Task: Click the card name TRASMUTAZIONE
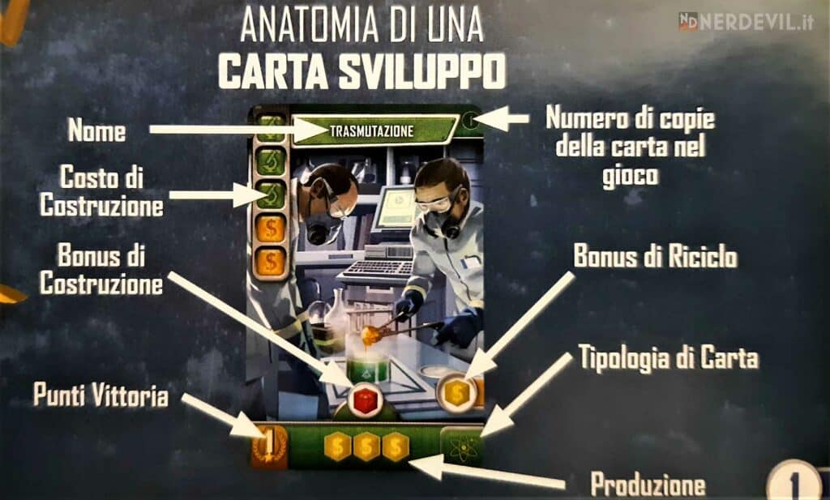[x=372, y=130]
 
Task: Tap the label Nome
[x=96, y=130]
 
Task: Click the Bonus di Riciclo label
[x=656, y=257]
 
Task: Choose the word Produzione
[x=648, y=484]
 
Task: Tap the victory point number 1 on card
[x=269, y=444]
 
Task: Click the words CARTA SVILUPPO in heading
[x=362, y=73]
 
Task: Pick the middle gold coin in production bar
[x=366, y=447]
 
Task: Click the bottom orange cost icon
[x=271, y=262]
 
